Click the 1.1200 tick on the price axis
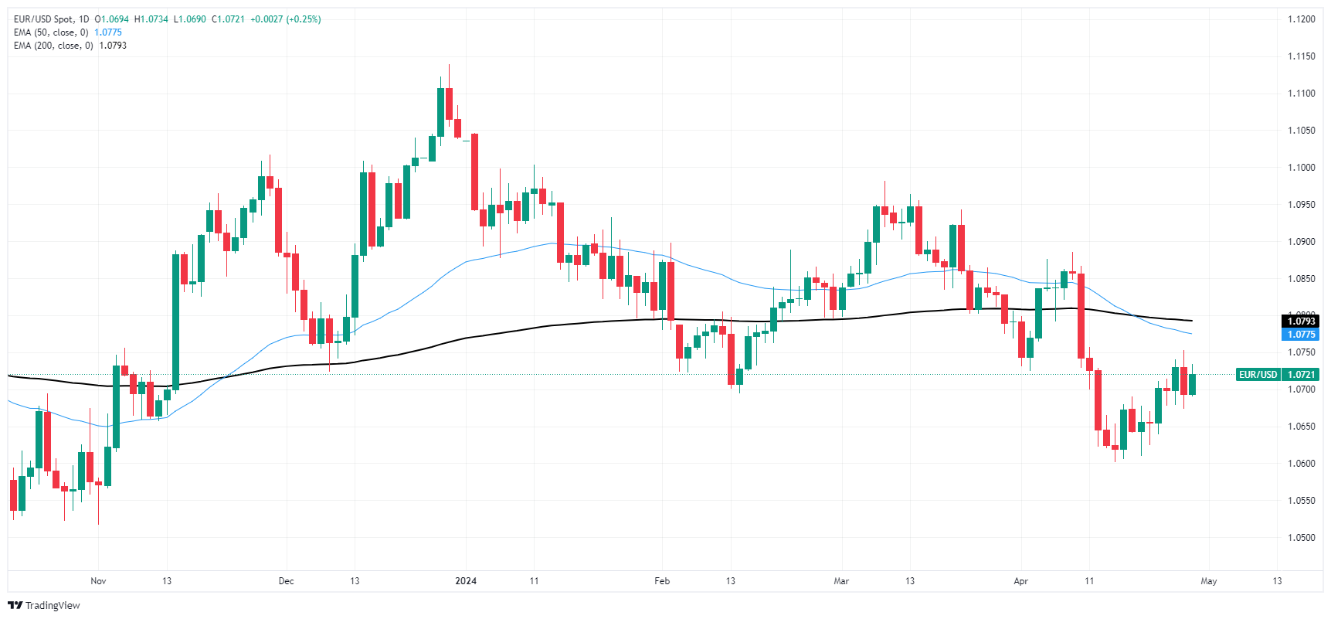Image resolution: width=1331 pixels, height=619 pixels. [x=1301, y=19]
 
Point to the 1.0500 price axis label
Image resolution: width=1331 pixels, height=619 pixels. [x=1301, y=538]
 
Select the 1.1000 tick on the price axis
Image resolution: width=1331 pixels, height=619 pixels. [x=1301, y=168]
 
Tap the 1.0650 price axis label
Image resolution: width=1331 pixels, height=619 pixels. [x=1301, y=427]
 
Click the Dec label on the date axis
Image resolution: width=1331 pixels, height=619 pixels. [x=286, y=581]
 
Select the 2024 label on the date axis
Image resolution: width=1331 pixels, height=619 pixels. [x=466, y=581]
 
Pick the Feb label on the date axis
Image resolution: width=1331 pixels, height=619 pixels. [x=662, y=581]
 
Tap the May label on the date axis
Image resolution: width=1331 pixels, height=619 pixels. [x=1209, y=581]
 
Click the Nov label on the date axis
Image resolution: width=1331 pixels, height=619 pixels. [x=98, y=581]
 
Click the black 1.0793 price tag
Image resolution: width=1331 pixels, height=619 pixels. [x=1301, y=321]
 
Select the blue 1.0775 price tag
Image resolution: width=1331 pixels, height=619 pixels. [x=1301, y=335]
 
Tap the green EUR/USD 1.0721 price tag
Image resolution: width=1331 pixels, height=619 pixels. [x=1278, y=375]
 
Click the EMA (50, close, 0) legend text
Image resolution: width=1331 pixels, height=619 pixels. [x=51, y=32]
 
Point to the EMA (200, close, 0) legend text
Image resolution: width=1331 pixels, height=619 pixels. [x=53, y=46]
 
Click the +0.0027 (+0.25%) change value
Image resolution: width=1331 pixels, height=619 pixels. [x=286, y=19]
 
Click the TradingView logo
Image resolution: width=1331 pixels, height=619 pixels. [x=44, y=605]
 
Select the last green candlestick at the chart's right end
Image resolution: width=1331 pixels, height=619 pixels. [x=1193, y=384]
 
